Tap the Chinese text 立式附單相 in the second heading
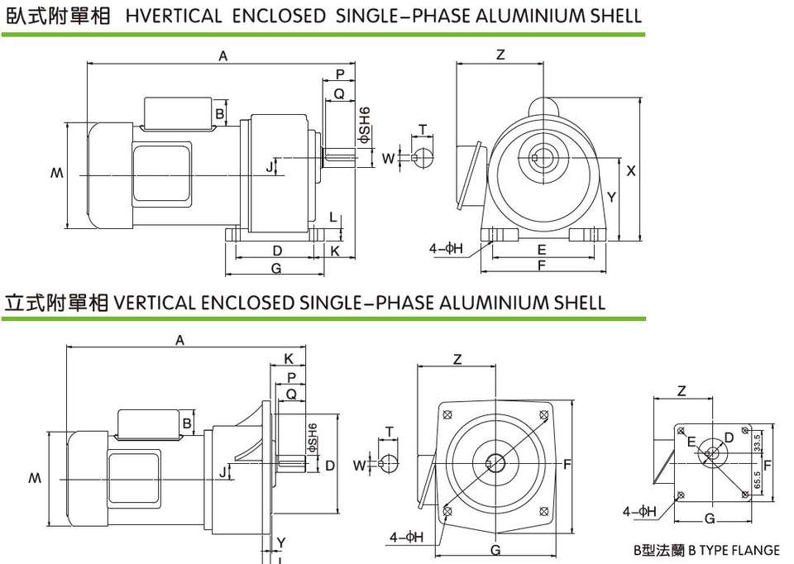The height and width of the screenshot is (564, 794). click(57, 302)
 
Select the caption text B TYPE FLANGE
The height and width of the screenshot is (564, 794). click(734, 550)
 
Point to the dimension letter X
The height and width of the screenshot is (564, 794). click(631, 171)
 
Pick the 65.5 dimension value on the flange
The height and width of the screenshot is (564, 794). click(758, 479)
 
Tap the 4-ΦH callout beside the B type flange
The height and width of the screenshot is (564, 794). click(640, 512)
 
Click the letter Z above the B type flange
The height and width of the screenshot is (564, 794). click(682, 391)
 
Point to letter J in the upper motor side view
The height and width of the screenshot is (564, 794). click(270, 168)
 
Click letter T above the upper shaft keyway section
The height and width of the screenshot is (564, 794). click(423, 130)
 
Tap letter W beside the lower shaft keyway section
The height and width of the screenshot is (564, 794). click(358, 466)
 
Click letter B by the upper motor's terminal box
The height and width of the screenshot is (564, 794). click(220, 113)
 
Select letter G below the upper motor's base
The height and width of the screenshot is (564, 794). click(276, 268)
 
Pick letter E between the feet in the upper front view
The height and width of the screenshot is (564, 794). click(541, 249)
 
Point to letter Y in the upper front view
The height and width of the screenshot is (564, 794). click(610, 198)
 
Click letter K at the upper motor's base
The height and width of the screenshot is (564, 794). click(335, 250)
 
